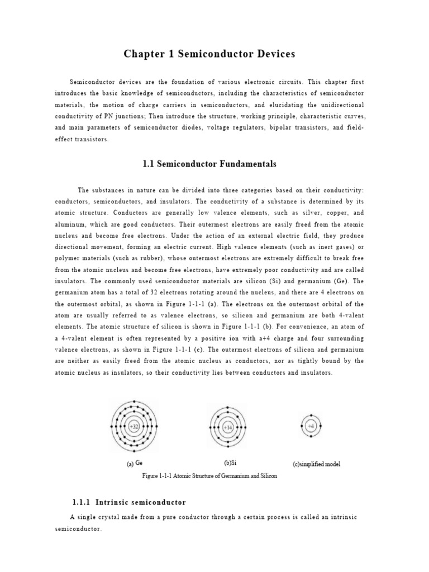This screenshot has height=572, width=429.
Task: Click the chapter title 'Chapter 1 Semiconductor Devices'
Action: (x=208, y=54)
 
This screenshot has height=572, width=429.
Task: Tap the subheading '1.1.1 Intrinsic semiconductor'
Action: (x=129, y=502)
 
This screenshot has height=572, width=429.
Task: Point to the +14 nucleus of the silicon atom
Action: (x=228, y=427)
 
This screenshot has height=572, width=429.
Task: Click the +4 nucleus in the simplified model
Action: (x=311, y=426)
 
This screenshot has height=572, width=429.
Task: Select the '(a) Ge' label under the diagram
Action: (x=135, y=463)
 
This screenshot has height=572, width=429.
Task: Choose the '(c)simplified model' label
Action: (x=316, y=464)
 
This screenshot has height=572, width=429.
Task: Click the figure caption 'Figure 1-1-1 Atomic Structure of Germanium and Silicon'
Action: (x=210, y=476)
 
